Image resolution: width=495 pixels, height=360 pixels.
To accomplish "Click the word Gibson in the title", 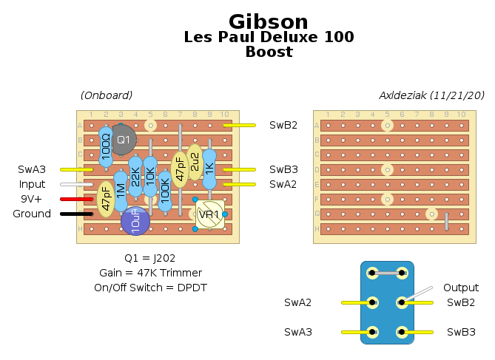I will click(269, 21).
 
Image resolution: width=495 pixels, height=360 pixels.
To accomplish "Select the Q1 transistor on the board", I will click(123, 139).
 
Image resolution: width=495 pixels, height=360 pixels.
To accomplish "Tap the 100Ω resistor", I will click(106, 146).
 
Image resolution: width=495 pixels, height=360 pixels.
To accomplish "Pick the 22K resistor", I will click(135, 177).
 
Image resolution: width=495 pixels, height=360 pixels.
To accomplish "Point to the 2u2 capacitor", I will click(195, 162).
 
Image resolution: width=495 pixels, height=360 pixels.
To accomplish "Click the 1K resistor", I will click(209, 169).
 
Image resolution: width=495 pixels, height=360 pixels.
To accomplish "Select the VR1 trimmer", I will click(209, 214).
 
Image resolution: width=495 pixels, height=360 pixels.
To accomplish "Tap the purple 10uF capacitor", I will click(135, 221).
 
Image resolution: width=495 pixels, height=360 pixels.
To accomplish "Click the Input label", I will click(32, 184).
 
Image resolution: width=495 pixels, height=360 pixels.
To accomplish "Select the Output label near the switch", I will click(460, 288).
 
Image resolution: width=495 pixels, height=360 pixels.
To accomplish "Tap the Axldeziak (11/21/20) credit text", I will click(431, 95).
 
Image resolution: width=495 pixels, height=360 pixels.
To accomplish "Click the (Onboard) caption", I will click(107, 95).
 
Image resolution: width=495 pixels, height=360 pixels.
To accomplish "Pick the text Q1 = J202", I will click(149, 258).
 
